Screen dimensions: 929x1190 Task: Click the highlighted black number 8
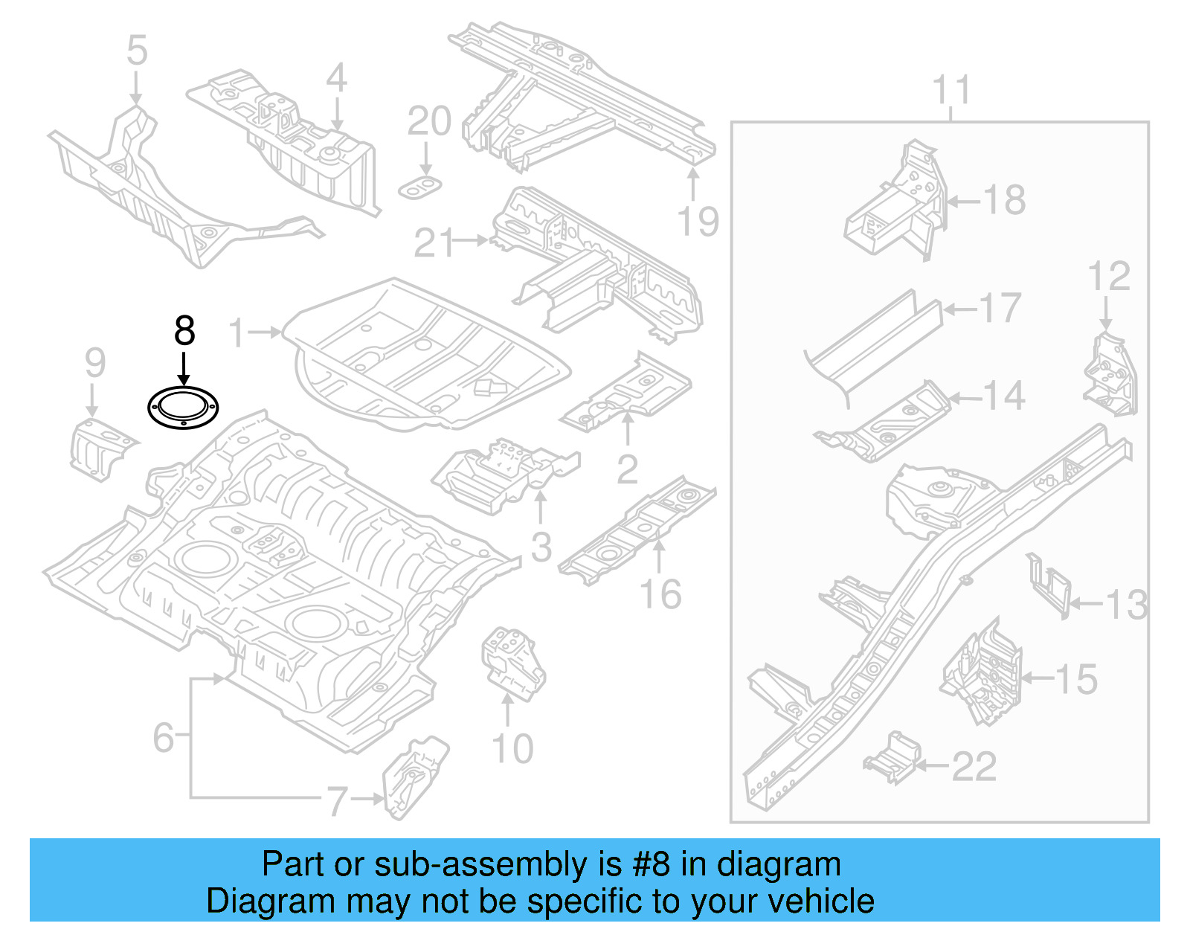click(x=184, y=331)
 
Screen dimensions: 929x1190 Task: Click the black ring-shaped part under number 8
click(x=183, y=408)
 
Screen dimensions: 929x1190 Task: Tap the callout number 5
click(x=137, y=51)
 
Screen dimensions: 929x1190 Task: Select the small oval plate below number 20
click(x=421, y=188)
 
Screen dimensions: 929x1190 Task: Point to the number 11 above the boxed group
click(x=951, y=91)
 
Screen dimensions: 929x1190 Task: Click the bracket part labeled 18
click(x=896, y=205)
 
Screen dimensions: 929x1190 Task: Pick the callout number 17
click(x=1000, y=308)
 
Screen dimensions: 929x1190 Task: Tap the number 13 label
click(x=1126, y=604)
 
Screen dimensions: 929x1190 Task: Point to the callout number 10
click(x=512, y=748)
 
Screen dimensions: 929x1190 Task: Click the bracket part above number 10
click(x=513, y=662)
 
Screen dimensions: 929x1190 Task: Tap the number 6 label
click(x=164, y=738)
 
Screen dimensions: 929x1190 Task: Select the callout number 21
click(x=433, y=242)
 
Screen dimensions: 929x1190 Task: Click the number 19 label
click(x=698, y=222)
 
